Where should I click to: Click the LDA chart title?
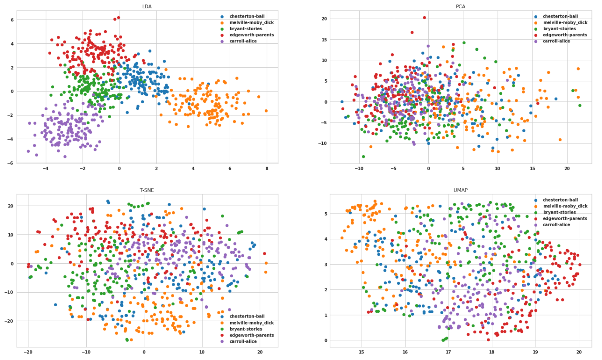[147, 7]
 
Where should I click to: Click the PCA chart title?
[460, 7]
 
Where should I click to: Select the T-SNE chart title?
[147, 190]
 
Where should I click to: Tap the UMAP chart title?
[460, 190]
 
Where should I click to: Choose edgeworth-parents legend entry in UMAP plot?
[565, 218]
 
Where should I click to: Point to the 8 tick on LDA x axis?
[266, 168]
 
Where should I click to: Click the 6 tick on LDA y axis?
[12, 20]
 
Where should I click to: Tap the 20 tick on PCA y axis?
[325, 19]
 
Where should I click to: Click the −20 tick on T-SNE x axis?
[28, 351]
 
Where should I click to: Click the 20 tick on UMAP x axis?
[579, 351]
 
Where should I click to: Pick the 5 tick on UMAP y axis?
[325, 214]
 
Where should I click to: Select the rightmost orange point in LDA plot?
[266, 111]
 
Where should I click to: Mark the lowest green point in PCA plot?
[363, 157]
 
